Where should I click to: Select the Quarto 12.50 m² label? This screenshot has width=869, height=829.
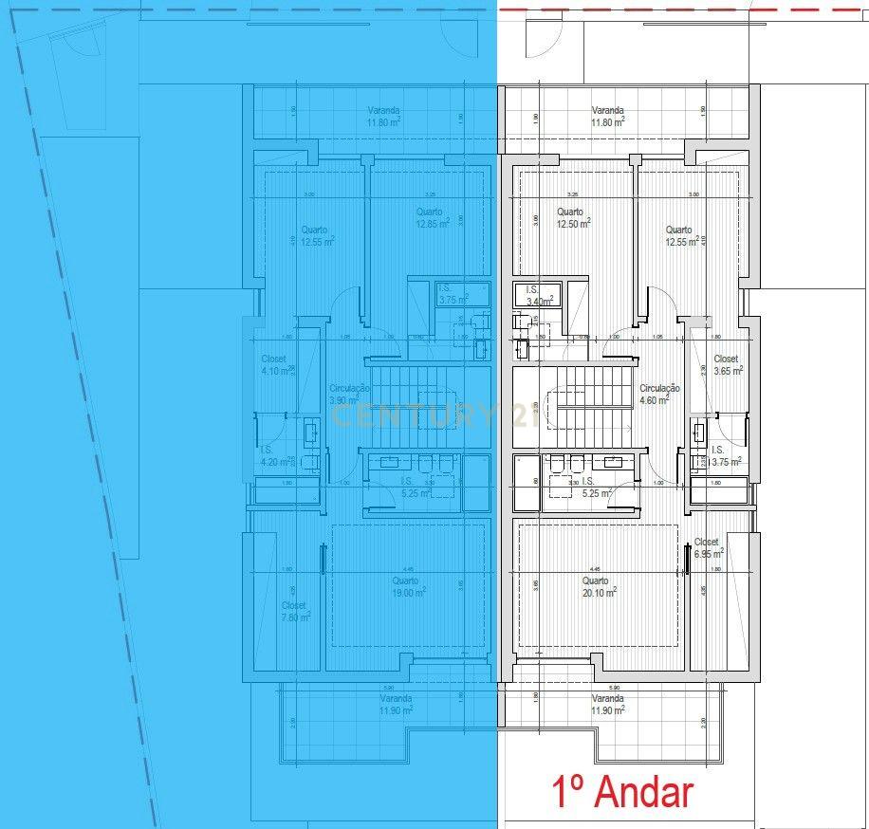click(x=573, y=217)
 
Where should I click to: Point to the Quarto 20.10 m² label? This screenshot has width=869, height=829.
click(x=598, y=585)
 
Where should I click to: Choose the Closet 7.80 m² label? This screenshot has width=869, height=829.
click(x=295, y=611)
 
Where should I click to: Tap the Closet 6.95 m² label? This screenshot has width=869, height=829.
click(x=708, y=546)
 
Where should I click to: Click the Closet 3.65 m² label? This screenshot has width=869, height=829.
click(x=727, y=364)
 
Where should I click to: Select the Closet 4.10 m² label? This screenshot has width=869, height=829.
click(x=277, y=364)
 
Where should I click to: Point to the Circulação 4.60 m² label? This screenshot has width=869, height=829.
click(x=659, y=394)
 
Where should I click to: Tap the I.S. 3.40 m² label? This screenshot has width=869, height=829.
click(x=538, y=296)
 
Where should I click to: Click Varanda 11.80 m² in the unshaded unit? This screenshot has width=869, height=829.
click(x=607, y=116)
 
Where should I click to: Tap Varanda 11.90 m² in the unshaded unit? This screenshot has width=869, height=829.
click(x=607, y=704)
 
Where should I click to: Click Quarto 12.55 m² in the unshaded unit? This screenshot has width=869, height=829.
click(x=681, y=235)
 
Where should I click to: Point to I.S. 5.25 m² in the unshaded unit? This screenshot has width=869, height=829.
click(x=594, y=488)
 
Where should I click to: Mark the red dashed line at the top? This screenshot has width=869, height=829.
click(x=683, y=9)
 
